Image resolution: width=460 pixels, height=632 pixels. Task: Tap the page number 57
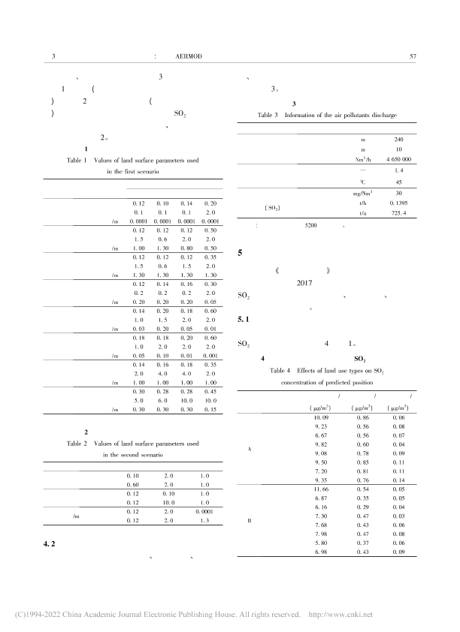tap(411, 56)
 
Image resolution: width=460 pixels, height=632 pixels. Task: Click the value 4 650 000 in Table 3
tap(398, 160)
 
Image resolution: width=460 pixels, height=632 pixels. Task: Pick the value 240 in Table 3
tap(398, 139)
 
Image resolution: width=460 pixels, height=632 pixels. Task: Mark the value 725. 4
tap(398, 213)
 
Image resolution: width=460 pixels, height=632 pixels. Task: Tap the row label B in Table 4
tap(248, 519)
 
